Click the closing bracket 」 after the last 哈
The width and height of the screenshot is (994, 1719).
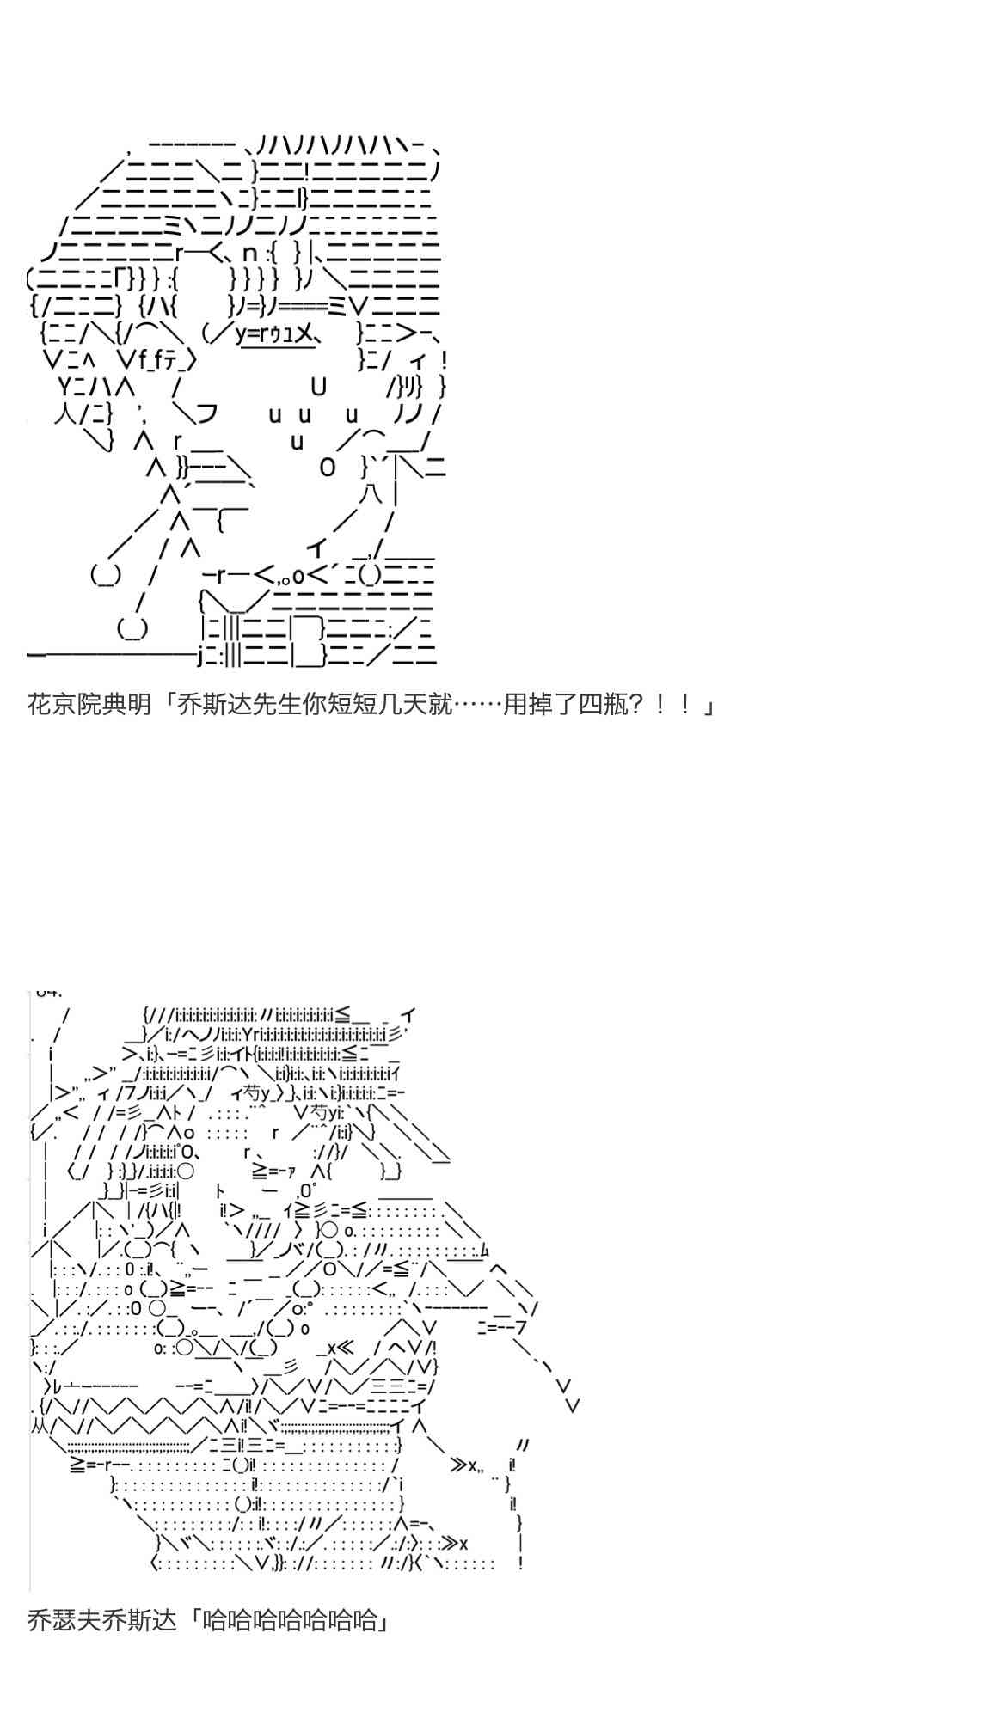pyautogui.click(x=383, y=1620)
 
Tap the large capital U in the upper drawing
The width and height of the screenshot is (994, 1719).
pyautogui.click(x=319, y=387)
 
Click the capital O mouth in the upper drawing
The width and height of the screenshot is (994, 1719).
pyautogui.click(x=328, y=468)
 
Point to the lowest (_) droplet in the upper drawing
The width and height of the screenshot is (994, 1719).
pyautogui.click(x=132, y=629)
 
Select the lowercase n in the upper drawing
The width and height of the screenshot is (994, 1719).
pyautogui.click(x=250, y=253)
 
